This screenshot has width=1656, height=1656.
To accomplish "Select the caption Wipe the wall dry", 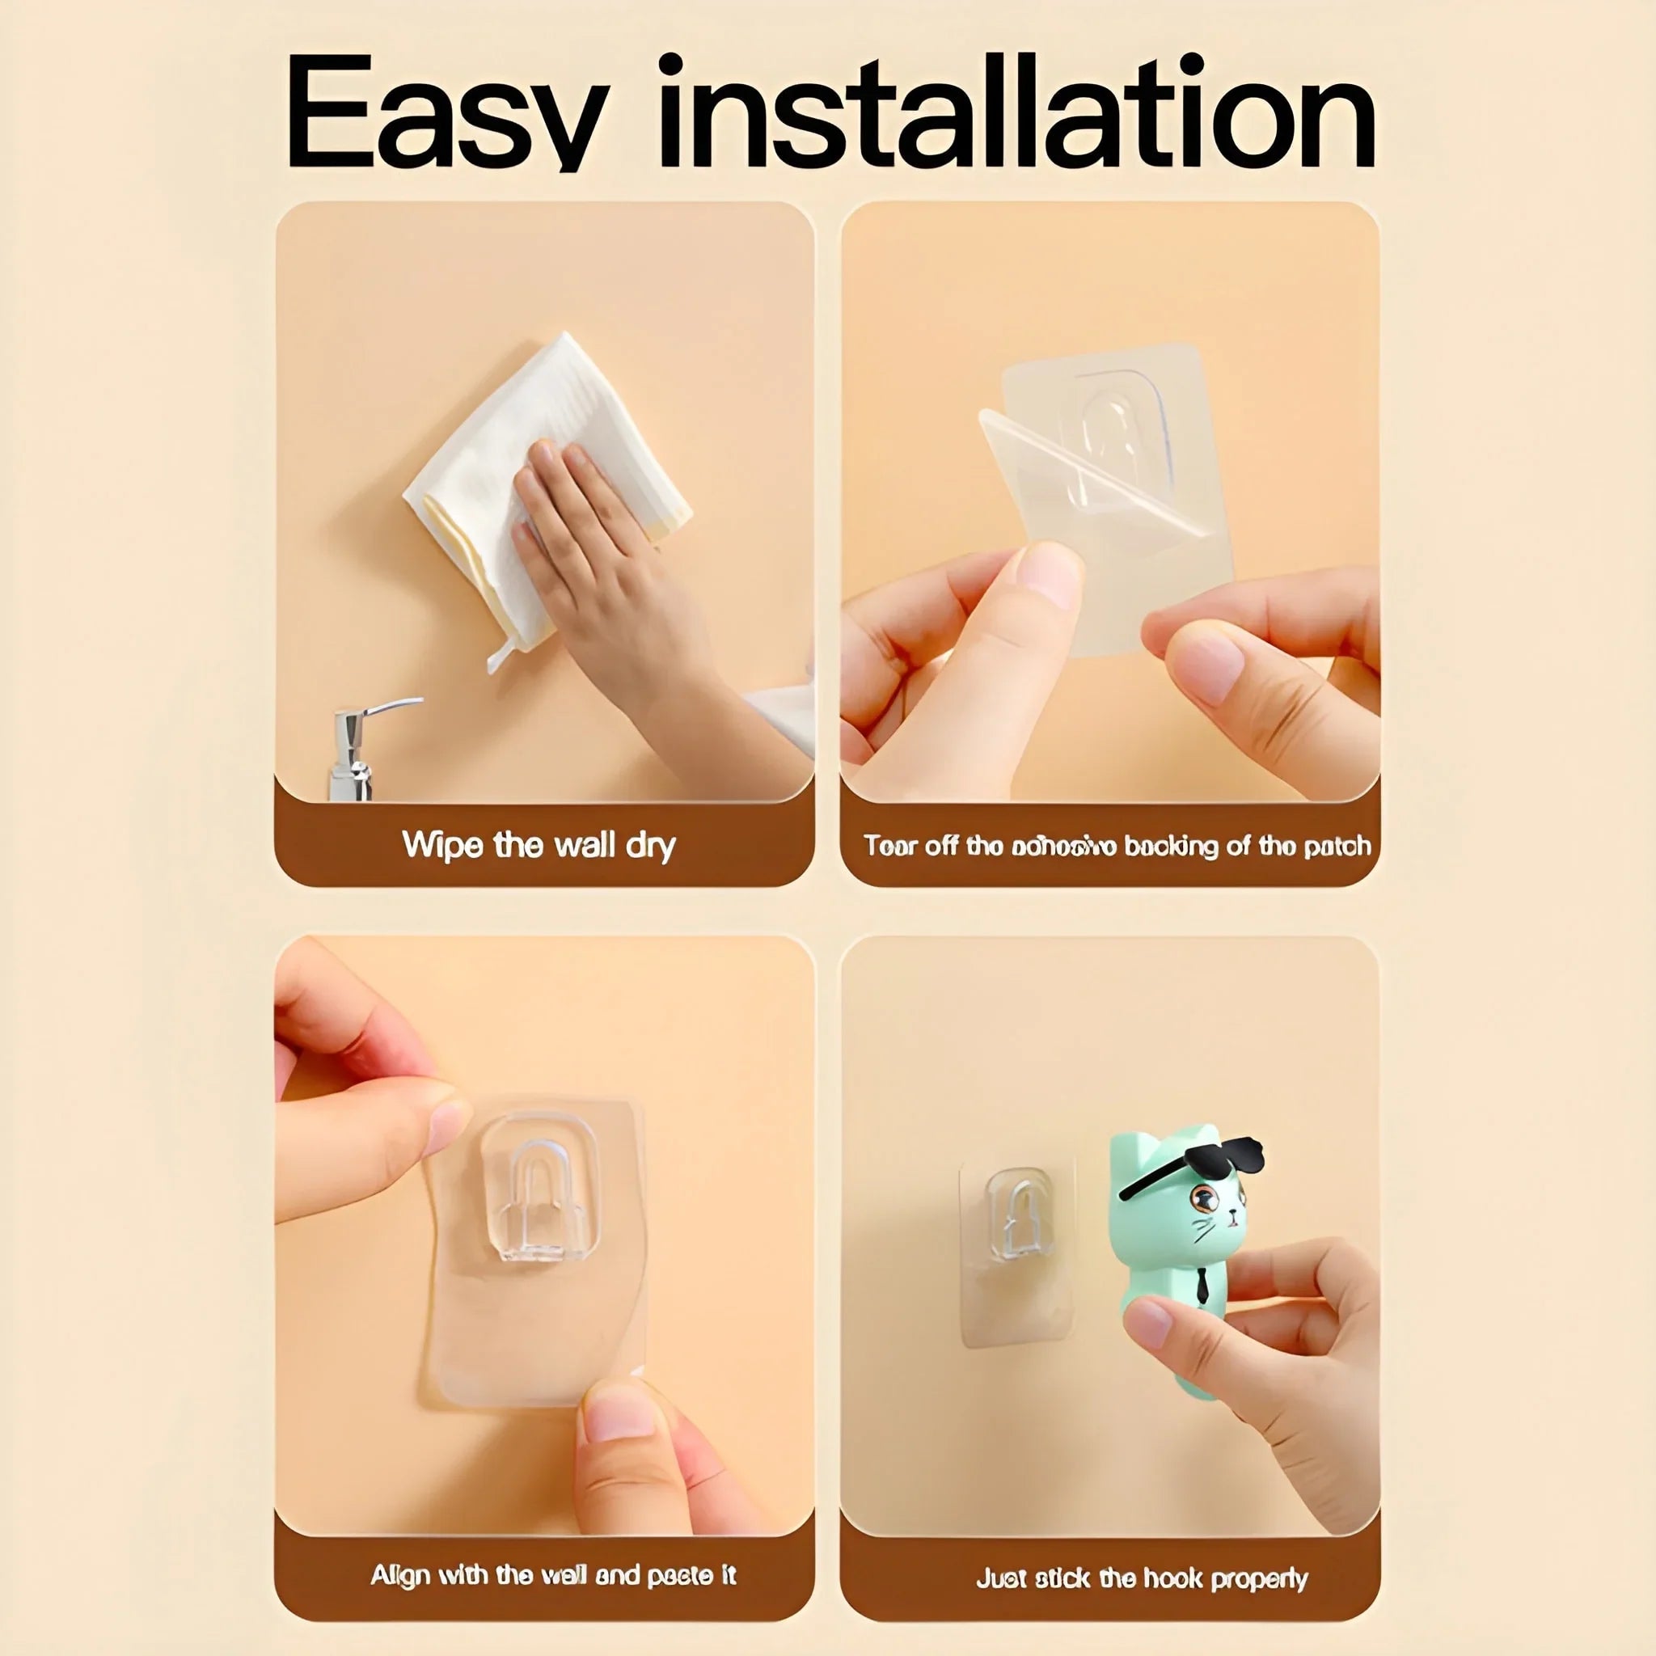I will tap(539, 845).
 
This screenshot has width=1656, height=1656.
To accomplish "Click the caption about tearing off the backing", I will tap(1117, 846).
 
